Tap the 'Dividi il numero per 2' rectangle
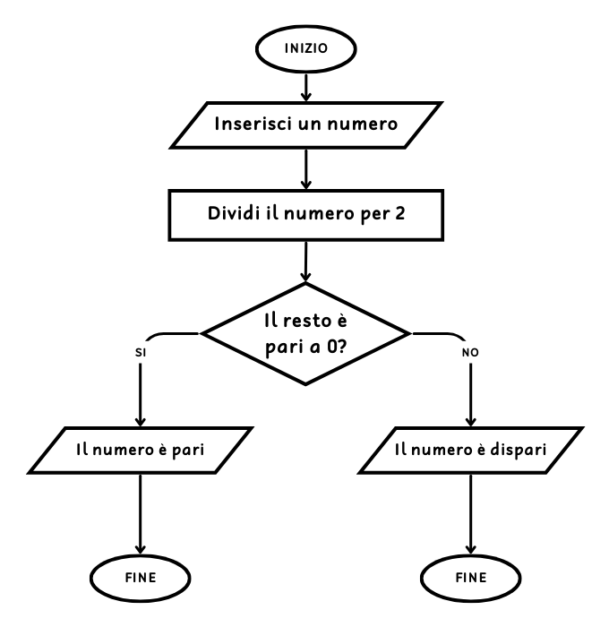(x=306, y=215)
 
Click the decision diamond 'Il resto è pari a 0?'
(x=306, y=334)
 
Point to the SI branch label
(x=141, y=353)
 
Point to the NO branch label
(x=471, y=353)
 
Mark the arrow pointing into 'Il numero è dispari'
(x=471, y=394)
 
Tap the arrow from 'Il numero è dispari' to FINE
(x=471, y=515)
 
